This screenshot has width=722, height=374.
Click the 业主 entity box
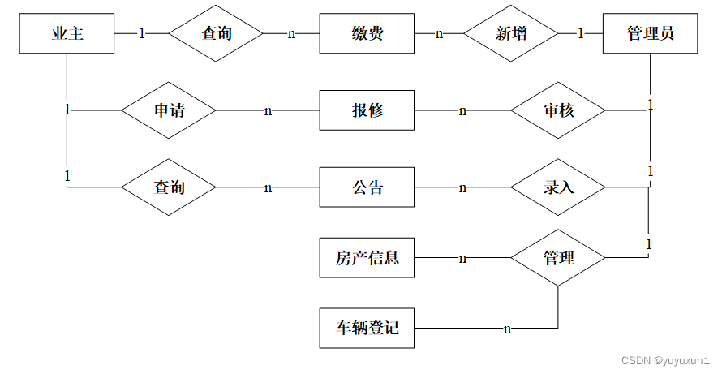[67, 33]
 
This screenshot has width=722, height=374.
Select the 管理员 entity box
[650, 33]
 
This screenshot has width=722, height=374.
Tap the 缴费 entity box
[367, 33]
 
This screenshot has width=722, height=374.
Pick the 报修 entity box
[367, 110]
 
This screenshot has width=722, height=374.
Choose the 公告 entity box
[367, 187]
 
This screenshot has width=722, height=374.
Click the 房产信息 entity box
[367, 259]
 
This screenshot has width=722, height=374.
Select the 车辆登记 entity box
[367, 329]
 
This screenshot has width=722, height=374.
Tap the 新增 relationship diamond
[510, 33]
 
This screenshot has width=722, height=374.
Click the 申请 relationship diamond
[169, 110]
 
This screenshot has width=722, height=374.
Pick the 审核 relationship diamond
[558, 110]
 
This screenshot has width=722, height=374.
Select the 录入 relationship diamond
[558, 187]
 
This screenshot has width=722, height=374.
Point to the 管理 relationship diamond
[558, 259]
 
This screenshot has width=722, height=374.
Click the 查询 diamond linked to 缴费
[216, 33]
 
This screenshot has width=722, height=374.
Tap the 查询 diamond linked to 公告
[169, 187]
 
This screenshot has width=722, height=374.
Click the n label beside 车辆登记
[507, 329]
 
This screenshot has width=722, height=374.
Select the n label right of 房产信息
[462, 259]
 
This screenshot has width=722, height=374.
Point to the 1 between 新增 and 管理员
[581, 33]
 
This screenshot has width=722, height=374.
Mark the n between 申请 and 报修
[268, 110]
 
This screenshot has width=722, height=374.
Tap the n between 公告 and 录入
[462, 188]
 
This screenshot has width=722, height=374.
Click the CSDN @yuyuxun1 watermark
[665, 359]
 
